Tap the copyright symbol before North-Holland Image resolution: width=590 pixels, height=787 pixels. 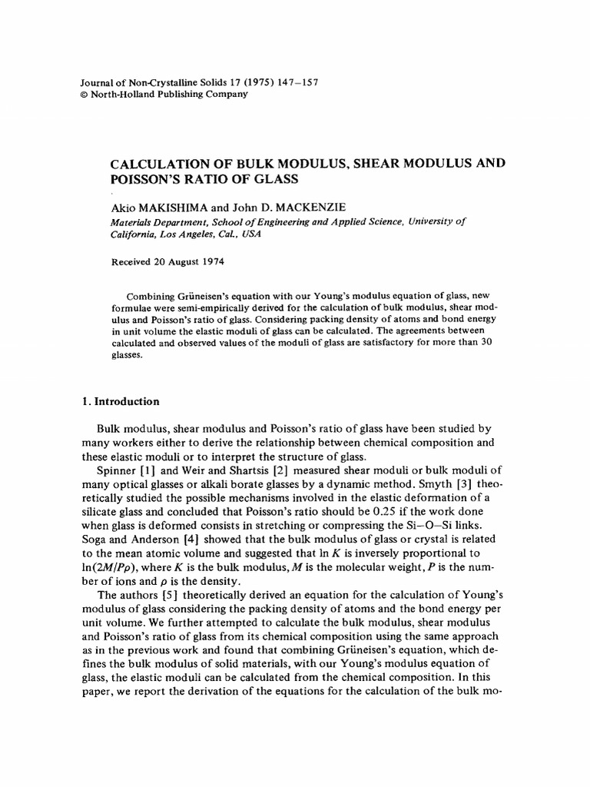(85, 94)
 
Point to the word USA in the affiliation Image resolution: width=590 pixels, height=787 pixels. (250, 234)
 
